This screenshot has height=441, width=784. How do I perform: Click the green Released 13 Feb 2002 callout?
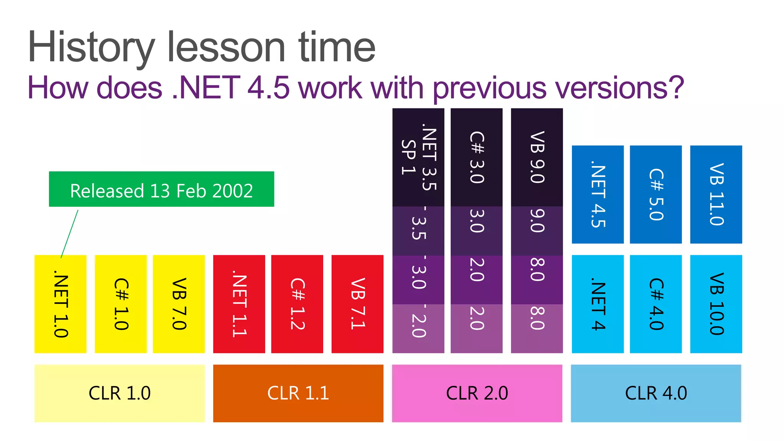pos(161,189)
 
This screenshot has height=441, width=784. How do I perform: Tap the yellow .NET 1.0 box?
pos(60,304)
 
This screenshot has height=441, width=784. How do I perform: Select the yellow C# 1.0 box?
pos(121,304)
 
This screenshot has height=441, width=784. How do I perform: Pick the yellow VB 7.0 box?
pos(179,304)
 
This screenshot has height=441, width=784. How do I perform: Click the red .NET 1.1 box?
pos(239,304)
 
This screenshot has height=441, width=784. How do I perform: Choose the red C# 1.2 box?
pos(297,304)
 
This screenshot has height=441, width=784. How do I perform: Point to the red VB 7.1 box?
pos(357,304)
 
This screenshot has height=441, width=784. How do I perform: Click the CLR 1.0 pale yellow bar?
pos(119,393)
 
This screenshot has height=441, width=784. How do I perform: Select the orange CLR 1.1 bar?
pos(298,393)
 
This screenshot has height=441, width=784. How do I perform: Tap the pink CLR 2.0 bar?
pos(477,393)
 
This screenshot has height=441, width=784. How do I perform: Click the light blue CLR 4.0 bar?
pos(656,393)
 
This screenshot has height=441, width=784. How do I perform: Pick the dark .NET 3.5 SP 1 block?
pos(418,157)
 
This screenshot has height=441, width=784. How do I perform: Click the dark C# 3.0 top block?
pos(477,157)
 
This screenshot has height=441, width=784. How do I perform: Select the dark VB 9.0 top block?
pos(537,157)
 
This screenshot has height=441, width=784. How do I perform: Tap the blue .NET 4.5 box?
pos(598,194)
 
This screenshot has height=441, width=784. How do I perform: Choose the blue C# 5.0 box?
pos(656,194)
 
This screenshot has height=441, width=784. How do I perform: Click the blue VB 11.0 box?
pos(716,194)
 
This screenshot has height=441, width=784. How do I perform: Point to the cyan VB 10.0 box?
pos(716,304)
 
